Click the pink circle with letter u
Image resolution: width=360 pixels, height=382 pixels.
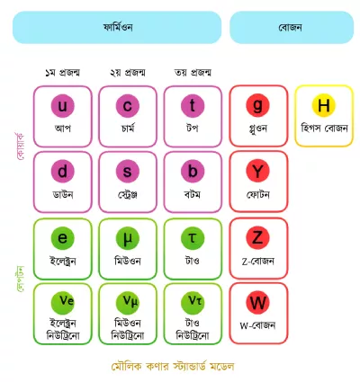62,106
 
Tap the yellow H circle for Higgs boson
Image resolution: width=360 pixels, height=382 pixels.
323,105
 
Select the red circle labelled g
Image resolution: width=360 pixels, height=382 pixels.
257,105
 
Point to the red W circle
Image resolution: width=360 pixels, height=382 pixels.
257,303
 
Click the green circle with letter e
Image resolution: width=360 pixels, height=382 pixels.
62,238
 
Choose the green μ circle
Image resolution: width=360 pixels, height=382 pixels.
128,238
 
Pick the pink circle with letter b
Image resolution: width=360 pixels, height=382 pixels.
193,171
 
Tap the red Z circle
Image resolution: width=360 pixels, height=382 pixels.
257,237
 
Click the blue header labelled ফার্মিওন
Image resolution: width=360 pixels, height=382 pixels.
117,28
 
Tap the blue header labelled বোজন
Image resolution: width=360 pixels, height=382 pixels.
292,28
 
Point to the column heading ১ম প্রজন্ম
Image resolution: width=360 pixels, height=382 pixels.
62,73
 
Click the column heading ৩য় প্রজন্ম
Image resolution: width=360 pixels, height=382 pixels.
193,73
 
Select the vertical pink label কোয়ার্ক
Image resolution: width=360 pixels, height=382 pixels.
21,147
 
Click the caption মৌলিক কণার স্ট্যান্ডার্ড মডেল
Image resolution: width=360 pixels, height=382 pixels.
173,366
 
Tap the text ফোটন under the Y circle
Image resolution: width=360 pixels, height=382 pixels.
258,195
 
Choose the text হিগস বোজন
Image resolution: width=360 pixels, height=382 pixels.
324,129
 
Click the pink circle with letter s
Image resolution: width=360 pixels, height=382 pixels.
128,171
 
